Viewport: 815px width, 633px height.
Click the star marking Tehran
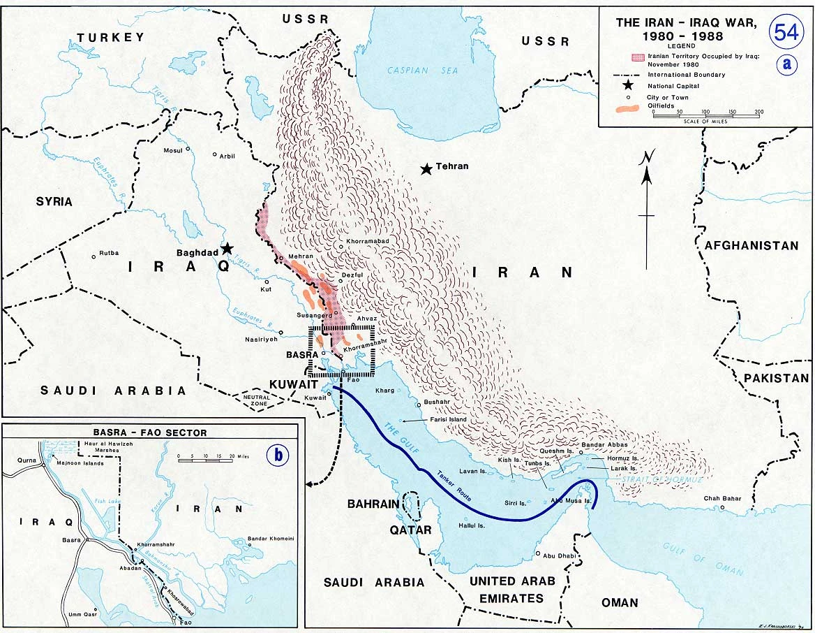coord(426,168)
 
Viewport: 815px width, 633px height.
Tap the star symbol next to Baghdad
coord(227,248)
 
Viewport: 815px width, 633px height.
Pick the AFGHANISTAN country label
coord(751,245)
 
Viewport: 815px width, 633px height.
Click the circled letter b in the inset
coord(280,455)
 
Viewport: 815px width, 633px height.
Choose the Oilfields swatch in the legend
coord(629,108)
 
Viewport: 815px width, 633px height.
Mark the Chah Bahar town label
coord(721,498)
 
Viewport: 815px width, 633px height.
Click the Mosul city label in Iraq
coord(172,151)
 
